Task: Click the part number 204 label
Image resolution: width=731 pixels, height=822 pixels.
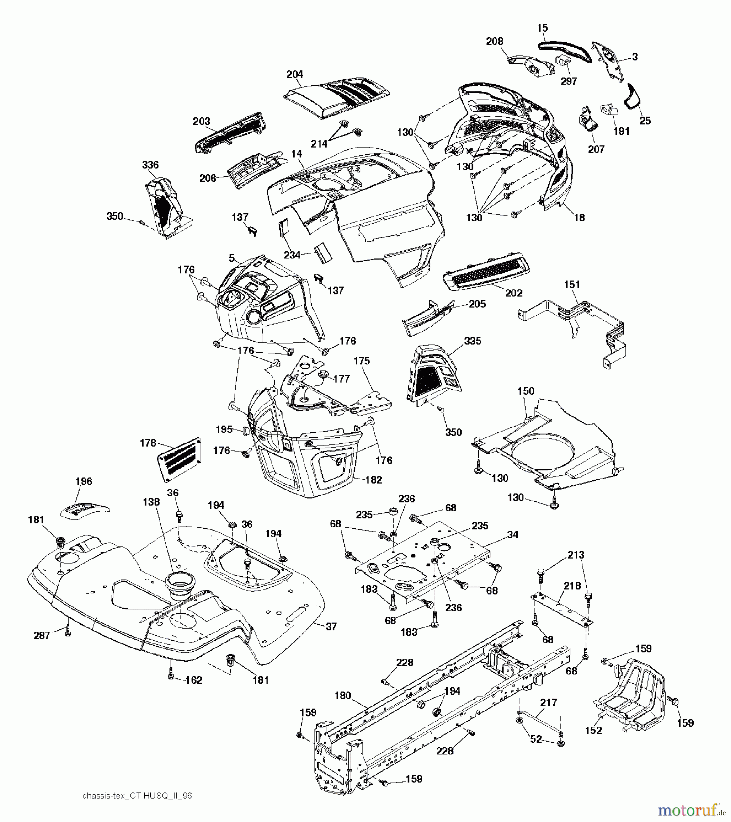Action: (x=294, y=74)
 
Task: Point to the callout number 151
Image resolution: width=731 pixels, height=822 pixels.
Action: (x=572, y=285)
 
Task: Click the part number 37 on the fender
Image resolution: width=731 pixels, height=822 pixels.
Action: (x=331, y=627)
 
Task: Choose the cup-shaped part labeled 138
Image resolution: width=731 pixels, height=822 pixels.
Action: (x=179, y=585)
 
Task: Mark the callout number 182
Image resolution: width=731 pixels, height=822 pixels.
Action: (x=374, y=480)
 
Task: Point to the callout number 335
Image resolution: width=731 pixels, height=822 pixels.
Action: (x=472, y=341)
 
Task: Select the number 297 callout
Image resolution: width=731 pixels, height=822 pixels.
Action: (x=569, y=81)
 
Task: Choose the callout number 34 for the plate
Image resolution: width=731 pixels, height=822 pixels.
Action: (x=512, y=534)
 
